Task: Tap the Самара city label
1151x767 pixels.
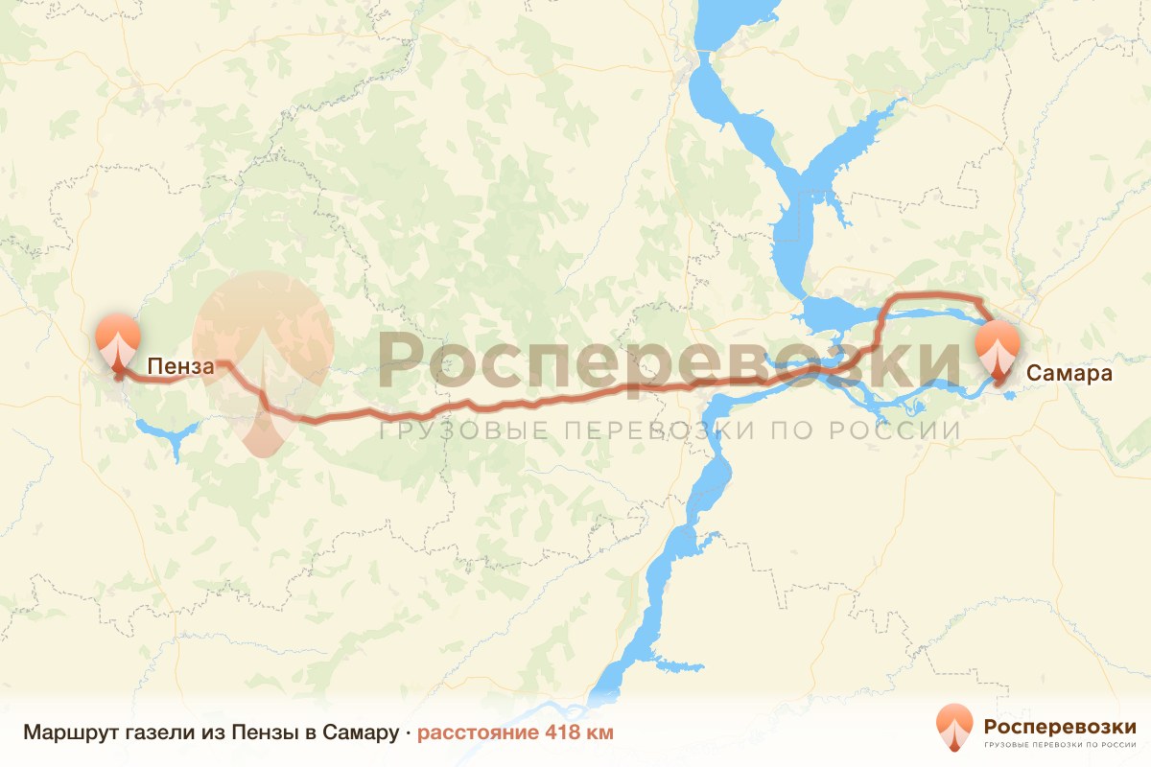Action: [1069, 374]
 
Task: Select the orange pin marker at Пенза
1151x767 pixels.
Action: [118, 339]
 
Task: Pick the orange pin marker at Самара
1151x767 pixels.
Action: [998, 349]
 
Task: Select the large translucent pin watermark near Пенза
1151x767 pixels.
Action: [263, 355]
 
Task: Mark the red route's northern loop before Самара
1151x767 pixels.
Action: [930, 294]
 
